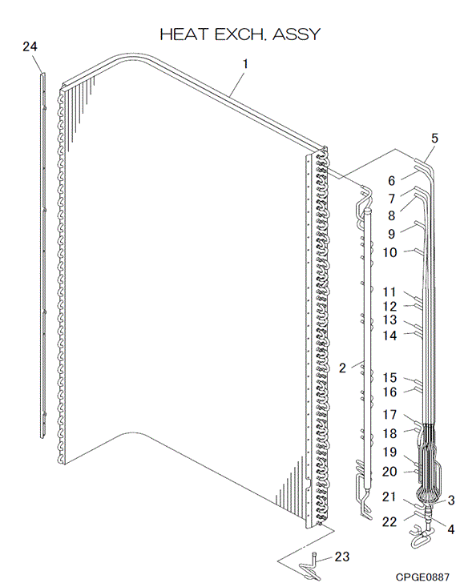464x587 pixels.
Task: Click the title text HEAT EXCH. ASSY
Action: tap(240, 34)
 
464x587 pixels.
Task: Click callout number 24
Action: tap(30, 46)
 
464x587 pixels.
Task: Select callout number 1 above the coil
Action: tap(245, 64)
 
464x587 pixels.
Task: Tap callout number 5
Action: tap(434, 138)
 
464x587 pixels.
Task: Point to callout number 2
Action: tap(342, 368)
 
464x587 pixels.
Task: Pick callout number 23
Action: tap(342, 557)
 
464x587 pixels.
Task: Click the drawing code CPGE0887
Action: tap(422, 577)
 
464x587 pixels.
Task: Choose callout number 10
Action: tap(389, 253)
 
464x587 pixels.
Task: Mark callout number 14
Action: tap(389, 336)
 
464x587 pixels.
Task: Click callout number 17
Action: tap(389, 414)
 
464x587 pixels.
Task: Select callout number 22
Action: tap(389, 521)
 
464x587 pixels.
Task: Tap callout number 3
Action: tap(451, 501)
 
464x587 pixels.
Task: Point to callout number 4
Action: tap(451, 529)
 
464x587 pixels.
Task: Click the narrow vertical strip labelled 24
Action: tap(43, 255)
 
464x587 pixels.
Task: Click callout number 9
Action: tap(391, 234)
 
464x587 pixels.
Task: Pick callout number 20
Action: tap(389, 472)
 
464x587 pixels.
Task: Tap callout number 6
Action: tap(391, 181)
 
